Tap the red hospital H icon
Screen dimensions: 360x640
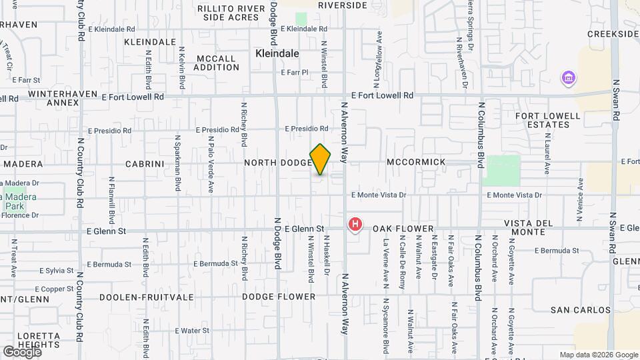coord(356,225)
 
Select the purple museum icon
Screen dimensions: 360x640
coord(568,79)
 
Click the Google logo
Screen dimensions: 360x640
coord(21,351)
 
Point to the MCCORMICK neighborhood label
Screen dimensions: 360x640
coord(416,163)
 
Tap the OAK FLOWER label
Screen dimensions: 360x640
coord(403,229)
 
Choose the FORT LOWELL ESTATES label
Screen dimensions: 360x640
coord(548,120)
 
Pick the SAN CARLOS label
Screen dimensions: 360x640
coord(581,310)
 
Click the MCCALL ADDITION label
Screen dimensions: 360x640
coord(216,63)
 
